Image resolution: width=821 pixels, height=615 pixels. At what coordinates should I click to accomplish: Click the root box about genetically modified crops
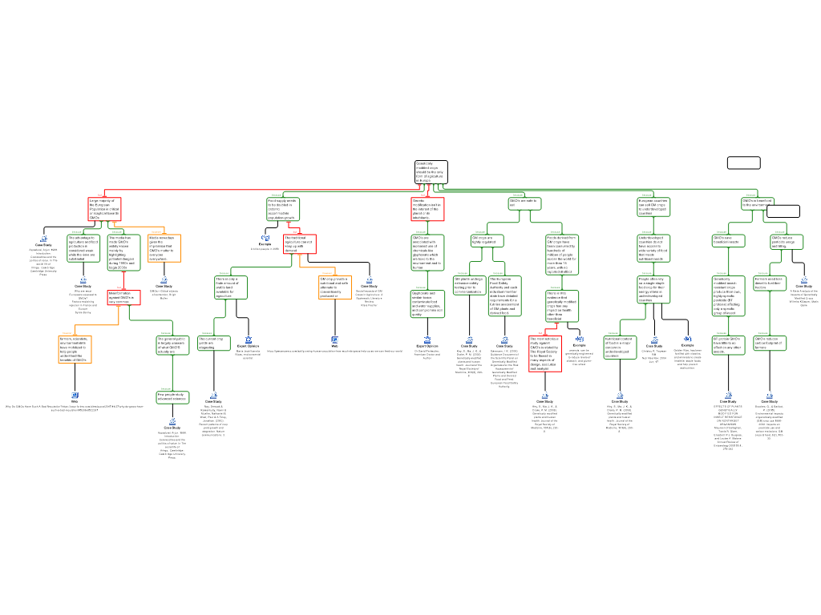coord(431,171)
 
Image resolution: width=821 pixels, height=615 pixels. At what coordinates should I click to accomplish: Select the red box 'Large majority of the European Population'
coord(104,209)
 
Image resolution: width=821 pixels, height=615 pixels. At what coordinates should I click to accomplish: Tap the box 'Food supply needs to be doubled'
coord(283,208)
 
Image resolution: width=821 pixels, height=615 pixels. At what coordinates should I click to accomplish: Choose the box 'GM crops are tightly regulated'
coord(487,240)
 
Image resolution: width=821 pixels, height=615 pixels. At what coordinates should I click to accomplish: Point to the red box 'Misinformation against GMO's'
coord(124,298)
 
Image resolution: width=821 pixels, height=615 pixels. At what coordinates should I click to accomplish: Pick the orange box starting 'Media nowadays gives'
coord(164,248)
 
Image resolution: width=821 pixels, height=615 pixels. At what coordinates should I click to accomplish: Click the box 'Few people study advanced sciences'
coord(172,397)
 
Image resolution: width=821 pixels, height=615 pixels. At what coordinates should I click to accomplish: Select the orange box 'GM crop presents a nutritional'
coord(335,287)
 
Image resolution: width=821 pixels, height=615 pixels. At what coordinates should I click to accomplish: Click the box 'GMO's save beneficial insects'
coord(728,240)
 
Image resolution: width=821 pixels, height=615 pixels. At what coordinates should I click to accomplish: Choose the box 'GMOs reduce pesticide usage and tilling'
coord(787,241)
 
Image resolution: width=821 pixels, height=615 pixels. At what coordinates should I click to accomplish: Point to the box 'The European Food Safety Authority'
coord(504,295)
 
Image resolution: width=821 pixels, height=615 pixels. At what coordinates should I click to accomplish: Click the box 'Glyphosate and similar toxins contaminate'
coord(427,304)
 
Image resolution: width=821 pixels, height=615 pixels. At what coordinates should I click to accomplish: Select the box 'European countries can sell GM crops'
coord(653,207)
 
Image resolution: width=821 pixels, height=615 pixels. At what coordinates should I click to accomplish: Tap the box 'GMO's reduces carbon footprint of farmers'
coord(770,343)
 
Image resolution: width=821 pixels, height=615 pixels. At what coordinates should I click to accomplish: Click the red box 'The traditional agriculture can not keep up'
coord(300,243)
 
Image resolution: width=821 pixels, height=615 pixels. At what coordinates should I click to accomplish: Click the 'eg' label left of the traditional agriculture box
coord(265,237)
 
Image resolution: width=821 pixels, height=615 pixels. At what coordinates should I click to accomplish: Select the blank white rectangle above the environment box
coord(743,163)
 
